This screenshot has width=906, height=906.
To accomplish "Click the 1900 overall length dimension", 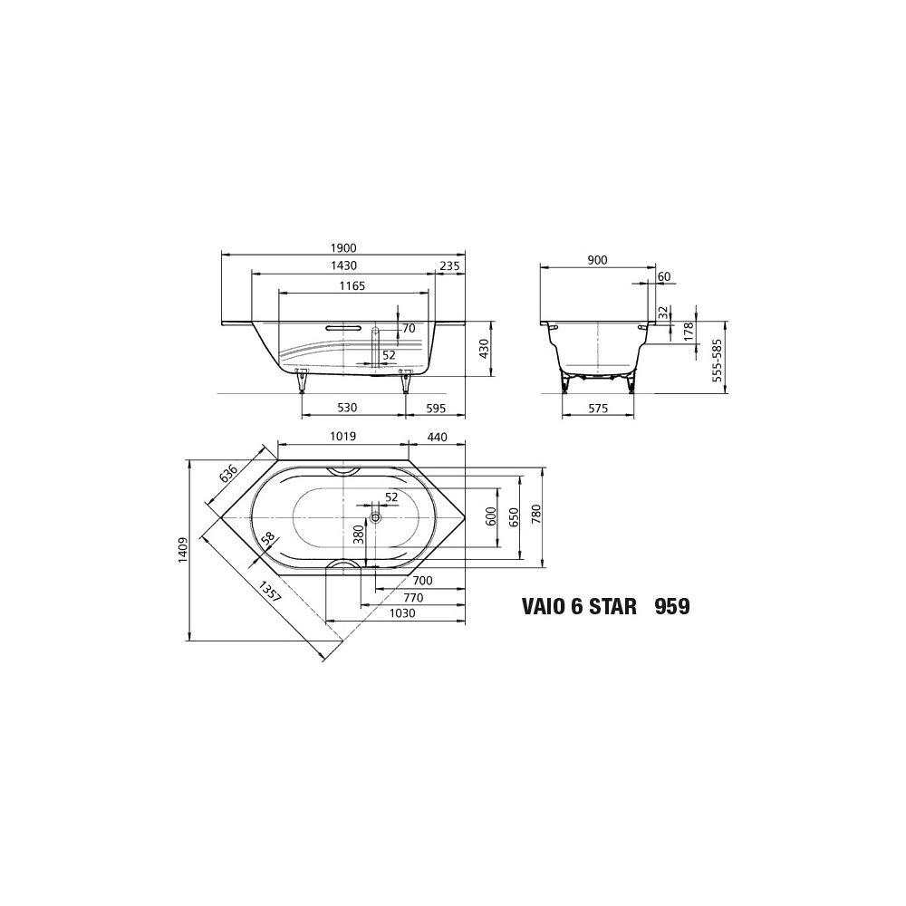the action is (x=343, y=248).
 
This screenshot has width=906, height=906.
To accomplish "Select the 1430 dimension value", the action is (x=343, y=265).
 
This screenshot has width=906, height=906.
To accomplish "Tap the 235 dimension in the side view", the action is (x=449, y=265).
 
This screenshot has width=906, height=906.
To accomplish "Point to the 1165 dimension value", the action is (x=352, y=285).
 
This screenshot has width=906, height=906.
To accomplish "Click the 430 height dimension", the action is (x=484, y=349).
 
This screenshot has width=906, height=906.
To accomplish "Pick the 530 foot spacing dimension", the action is (x=347, y=408).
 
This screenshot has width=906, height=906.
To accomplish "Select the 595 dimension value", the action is (x=437, y=409).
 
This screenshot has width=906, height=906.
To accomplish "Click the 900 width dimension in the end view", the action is (x=597, y=261).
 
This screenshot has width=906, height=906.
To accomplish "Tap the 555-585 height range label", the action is (x=717, y=359).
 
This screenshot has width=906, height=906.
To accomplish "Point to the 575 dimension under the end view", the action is (x=598, y=409).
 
